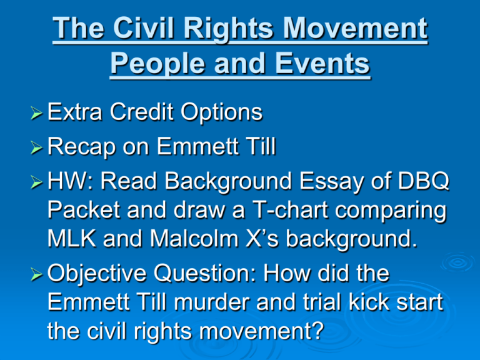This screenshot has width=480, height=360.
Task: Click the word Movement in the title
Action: coord(355,28)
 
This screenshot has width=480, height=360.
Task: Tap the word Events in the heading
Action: coord(322,63)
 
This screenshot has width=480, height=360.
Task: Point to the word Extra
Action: coord(75,112)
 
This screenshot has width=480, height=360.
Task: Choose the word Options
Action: coord(221,113)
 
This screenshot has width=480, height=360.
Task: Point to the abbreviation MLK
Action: coord(72,239)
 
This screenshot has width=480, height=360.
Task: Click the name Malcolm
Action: coord(194,239)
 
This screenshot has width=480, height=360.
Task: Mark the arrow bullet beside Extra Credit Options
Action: coord(36,113)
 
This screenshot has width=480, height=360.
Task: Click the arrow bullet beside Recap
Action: coord(36,148)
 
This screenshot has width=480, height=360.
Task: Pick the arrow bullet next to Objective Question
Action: coord(36,274)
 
